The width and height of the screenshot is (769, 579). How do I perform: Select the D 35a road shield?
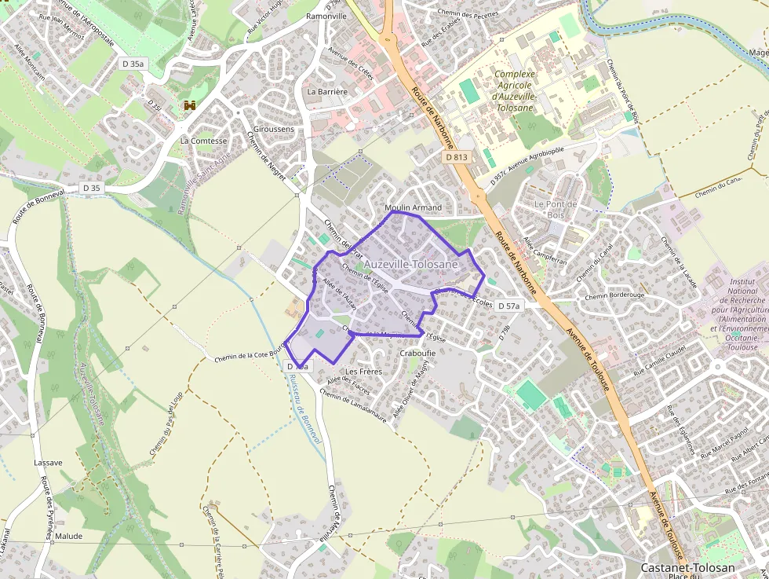[x=134, y=63]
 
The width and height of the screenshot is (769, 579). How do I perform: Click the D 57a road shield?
[x=508, y=305]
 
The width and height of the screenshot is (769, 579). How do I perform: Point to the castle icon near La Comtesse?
[x=189, y=105]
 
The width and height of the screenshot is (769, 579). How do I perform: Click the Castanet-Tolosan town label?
[x=688, y=567]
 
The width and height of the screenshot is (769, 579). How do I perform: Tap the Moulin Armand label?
[x=414, y=207]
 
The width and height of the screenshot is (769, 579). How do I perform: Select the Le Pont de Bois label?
[x=555, y=210]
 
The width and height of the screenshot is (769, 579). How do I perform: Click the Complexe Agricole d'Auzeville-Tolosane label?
[x=515, y=90]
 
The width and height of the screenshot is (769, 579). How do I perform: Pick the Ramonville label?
[x=327, y=16]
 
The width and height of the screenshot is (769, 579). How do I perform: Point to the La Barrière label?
[x=327, y=91]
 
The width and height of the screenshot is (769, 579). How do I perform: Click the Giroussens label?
[x=274, y=129]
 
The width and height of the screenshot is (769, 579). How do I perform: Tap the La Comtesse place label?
[x=203, y=141]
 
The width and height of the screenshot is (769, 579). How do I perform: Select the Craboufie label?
[x=417, y=353]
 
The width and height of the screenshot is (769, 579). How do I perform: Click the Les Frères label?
[x=363, y=371]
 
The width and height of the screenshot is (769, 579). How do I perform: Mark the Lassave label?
[x=49, y=463]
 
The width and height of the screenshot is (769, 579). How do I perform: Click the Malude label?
[x=68, y=537]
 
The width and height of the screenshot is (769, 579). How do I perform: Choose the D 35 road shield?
[x=92, y=188]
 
